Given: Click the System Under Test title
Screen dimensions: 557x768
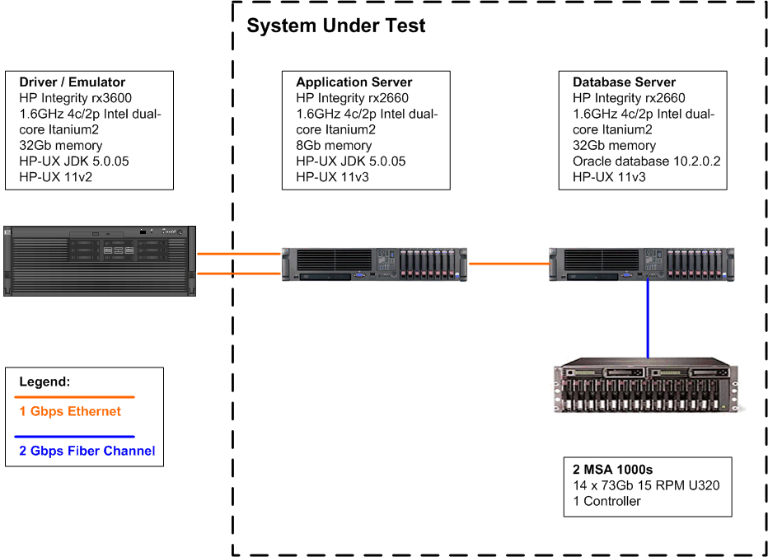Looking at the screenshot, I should pos(336,26).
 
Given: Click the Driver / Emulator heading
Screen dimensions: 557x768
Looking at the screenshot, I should pos(72,82).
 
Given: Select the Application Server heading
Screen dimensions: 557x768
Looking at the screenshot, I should pos(354,82).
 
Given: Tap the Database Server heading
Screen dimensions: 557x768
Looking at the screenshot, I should pos(624,82).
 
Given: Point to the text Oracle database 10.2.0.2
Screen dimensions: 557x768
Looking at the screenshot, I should pos(646,161).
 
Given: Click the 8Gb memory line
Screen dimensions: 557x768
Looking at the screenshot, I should pos(334,146).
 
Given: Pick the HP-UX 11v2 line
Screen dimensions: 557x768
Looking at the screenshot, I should pos(56,177).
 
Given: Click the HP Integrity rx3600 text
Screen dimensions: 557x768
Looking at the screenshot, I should pos(75,98).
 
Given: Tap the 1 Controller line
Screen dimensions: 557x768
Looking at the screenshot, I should pos(606,501).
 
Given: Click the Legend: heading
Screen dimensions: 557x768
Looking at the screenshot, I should pos(44,382).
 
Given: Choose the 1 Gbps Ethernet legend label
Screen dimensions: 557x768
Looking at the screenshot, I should pos(70,412).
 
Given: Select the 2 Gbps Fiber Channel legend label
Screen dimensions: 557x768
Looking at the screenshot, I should pos(87,451).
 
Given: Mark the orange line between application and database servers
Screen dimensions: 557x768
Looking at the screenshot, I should pos(508,264).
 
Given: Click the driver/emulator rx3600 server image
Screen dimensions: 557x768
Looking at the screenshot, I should pos(101,260).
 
